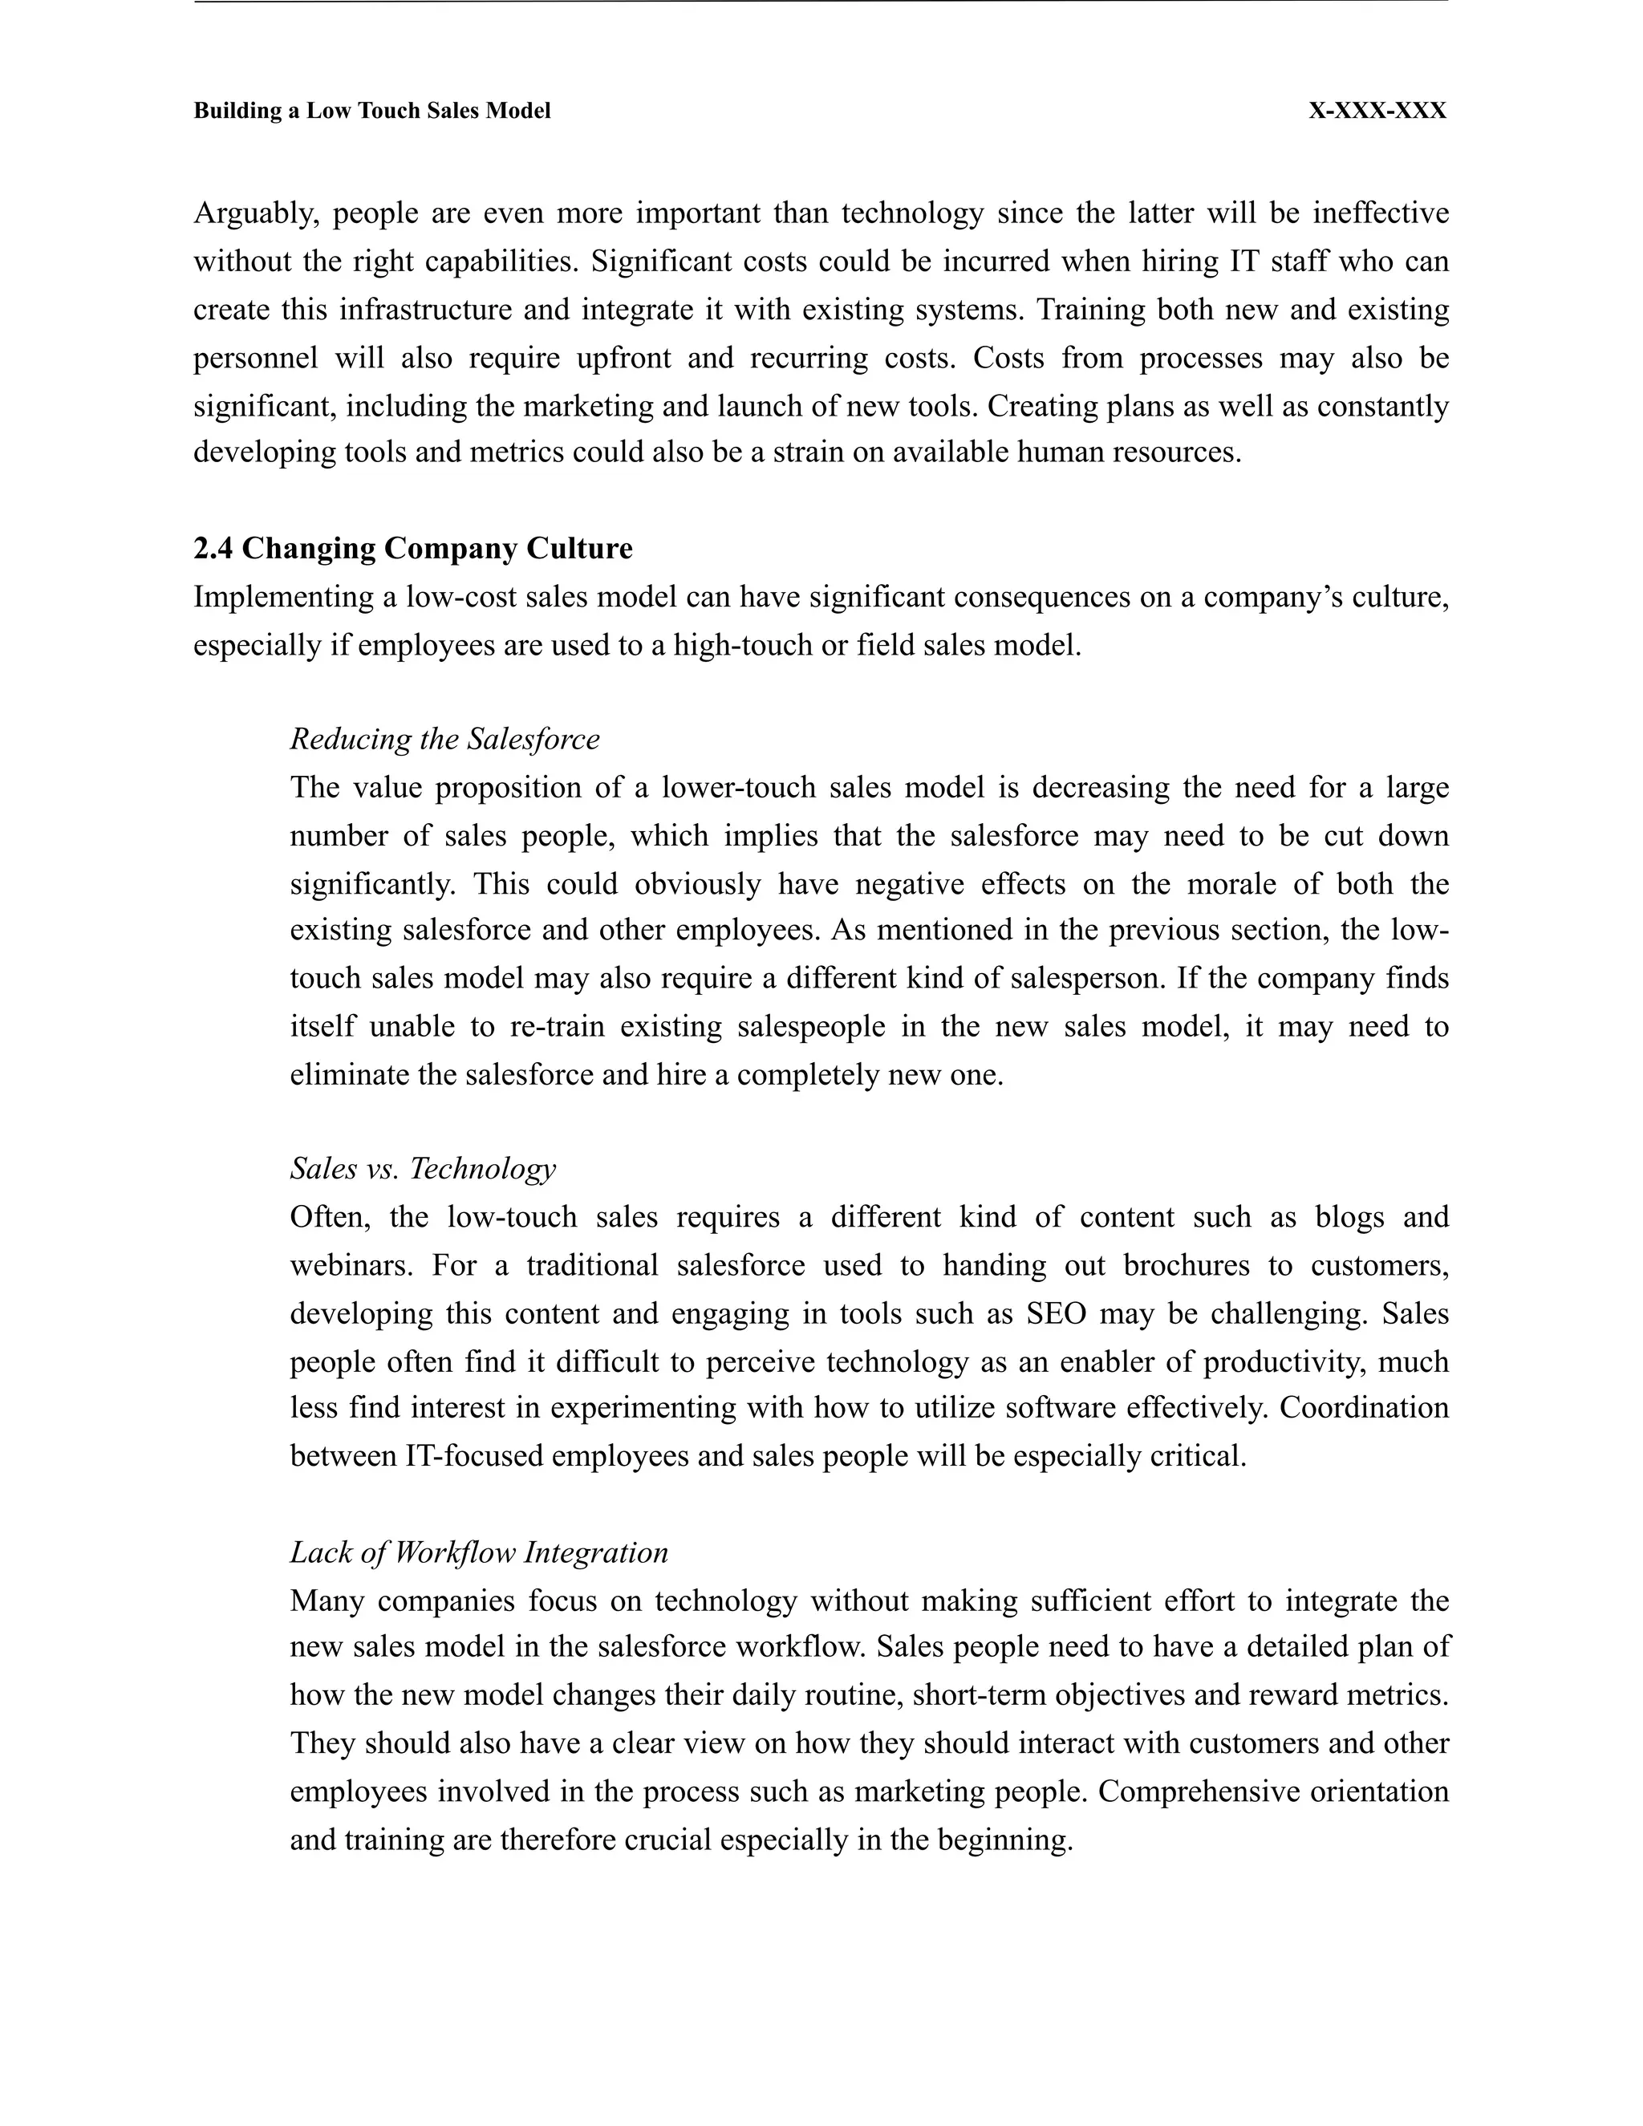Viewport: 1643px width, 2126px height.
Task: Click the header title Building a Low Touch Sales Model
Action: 371,111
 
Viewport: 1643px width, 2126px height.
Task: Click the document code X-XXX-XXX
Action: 1377,111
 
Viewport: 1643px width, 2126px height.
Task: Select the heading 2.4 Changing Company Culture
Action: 412,549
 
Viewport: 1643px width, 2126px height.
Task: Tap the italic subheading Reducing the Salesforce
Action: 444,740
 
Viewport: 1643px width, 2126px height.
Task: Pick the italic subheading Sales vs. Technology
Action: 423,1168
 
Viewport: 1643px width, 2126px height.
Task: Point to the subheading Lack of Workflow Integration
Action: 479,1552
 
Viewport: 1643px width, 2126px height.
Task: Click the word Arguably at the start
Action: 256,213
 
